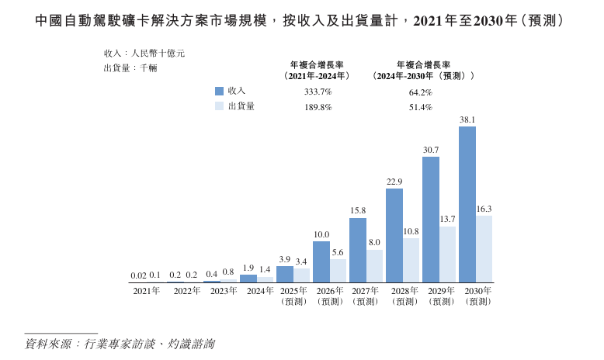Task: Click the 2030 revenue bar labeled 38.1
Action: point(467,204)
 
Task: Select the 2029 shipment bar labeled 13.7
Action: point(448,254)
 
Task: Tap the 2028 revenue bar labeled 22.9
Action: point(394,235)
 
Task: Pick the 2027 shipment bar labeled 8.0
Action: point(375,265)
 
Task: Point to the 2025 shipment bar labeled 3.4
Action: point(302,275)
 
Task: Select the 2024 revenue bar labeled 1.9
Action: point(248,278)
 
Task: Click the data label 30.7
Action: point(431,150)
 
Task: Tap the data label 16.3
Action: point(484,209)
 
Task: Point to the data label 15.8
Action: point(358,211)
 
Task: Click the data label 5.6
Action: point(338,252)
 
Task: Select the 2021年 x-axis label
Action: point(146,291)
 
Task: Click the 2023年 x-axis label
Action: point(224,291)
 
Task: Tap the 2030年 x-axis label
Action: point(477,291)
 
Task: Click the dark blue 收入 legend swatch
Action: point(220,91)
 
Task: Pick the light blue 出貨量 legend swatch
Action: point(220,106)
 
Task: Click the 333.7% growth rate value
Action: point(318,92)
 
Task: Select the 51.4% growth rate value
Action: point(420,107)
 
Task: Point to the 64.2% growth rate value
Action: point(420,92)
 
